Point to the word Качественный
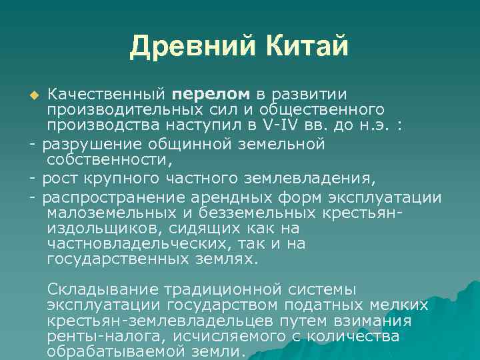click(x=106, y=93)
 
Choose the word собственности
click(x=109, y=161)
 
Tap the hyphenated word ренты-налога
click(x=96, y=337)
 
